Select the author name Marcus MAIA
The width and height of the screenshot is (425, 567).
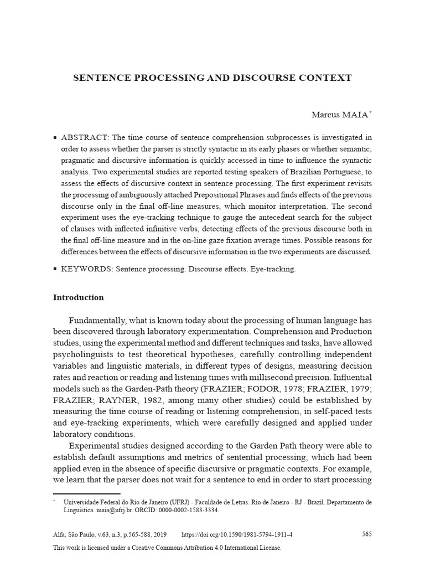coord(339,115)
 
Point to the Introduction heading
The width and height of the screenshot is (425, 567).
coord(78,297)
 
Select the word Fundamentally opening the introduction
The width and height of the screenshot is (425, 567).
coord(97,321)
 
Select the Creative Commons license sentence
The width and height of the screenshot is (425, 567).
coord(167,547)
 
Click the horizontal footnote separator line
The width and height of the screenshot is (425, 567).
coord(86,493)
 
